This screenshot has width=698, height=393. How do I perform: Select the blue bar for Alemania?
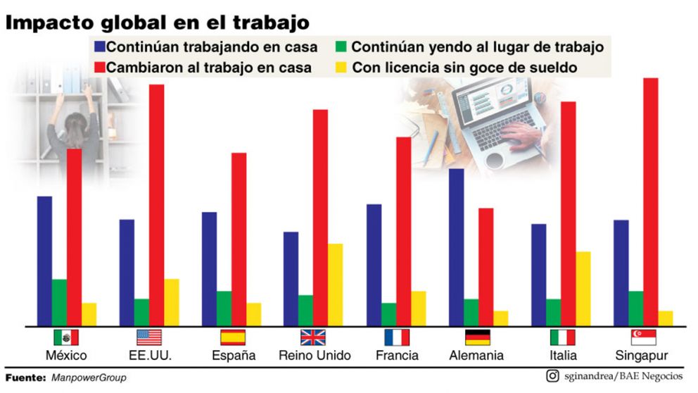click(456, 247)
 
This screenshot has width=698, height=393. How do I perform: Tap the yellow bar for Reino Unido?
click(336, 285)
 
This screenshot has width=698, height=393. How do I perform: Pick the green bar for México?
click(59, 303)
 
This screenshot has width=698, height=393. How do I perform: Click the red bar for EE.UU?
click(156, 205)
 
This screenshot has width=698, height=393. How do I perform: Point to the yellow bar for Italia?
click(583, 289)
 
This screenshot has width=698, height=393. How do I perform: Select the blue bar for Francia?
click(374, 265)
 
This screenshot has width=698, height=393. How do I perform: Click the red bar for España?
click(239, 239)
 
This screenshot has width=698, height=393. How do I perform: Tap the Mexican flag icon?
click(66, 337)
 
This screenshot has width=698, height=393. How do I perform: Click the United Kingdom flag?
click(313, 337)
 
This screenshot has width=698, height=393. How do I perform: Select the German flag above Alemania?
click(477, 337)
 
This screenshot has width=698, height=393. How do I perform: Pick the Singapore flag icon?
click(643, 337)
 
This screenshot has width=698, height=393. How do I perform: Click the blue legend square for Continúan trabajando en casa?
click(100, 48)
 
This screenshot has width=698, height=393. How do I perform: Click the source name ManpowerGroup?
click(89, 378)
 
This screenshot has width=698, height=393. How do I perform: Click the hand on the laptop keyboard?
click(521, 134)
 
